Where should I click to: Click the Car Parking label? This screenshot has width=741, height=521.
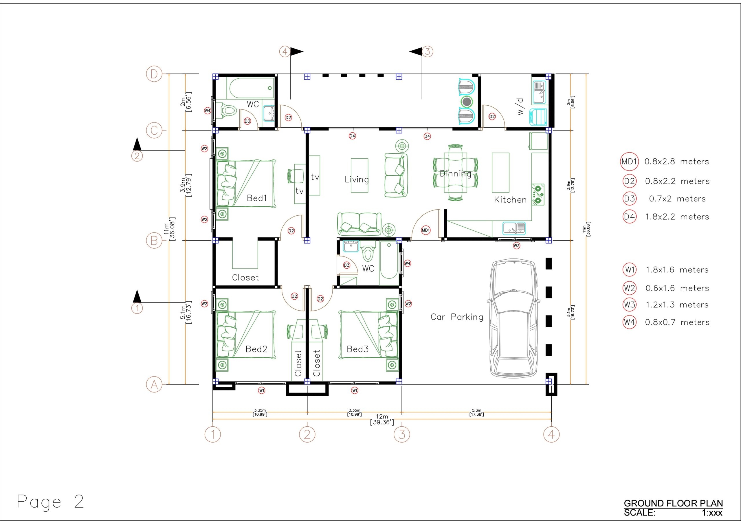point(457,317)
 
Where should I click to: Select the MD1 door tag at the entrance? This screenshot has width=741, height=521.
point(426,230)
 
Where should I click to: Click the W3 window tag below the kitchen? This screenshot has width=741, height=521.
point(516,246)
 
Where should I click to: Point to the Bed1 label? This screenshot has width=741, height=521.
point(256,198)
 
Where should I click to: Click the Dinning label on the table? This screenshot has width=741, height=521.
point(455,174)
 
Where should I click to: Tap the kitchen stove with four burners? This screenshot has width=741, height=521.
point(538,194)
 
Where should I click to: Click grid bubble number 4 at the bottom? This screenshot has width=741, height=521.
point(551,434)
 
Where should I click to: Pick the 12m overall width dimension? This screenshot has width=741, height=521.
point(382,419)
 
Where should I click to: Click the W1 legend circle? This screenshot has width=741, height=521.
point(629,269)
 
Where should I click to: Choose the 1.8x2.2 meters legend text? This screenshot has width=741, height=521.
point(677,217)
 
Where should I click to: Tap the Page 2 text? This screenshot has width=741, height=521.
point(50,502)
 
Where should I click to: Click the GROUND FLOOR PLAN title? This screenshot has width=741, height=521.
point(673,503)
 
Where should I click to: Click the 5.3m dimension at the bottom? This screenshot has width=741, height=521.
point(476,412)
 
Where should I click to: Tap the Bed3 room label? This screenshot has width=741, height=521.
point(357,349)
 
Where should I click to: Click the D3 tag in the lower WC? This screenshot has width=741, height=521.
point(346,265)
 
